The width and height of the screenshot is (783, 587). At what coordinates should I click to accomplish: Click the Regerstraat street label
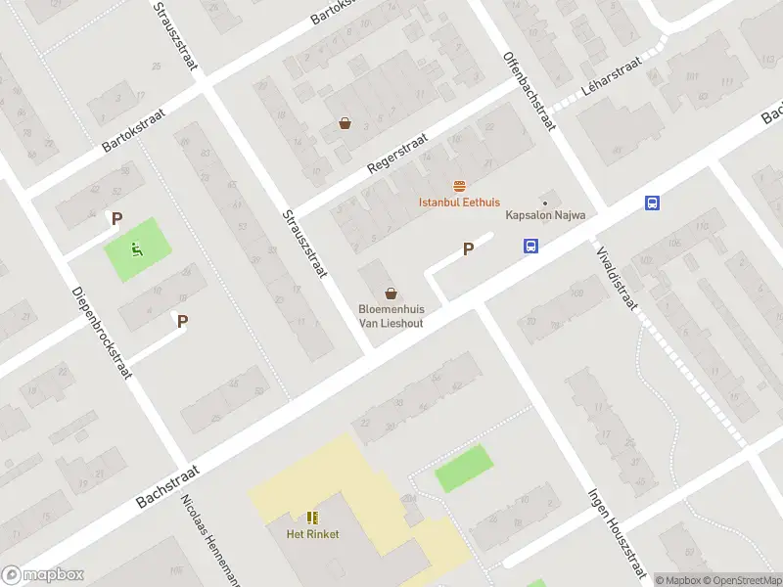pos(397,155)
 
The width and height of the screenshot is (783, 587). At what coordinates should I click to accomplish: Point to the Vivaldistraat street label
pos(616,277)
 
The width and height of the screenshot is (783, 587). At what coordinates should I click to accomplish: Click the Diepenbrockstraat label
pos(103,334)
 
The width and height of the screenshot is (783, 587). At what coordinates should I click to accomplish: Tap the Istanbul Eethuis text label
pos(459,203)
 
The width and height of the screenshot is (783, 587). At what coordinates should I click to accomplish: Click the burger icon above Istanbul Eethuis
pos(459,186)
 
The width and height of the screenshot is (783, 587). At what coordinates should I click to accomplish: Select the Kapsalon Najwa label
pos(544,215)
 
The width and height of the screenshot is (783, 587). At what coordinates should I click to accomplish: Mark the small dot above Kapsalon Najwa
pos(545,203)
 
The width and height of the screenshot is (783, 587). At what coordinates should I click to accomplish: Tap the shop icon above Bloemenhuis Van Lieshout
pos(391,293)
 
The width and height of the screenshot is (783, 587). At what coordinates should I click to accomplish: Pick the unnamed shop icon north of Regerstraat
pos(345,123)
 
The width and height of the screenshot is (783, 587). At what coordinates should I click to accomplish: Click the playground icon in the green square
pos(136,249)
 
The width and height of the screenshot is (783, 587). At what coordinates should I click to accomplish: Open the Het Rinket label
pos(312,534)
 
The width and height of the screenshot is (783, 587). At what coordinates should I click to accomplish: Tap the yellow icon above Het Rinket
pos(312,518)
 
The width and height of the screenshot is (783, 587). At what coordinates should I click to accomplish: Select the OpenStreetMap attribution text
pos(741,580)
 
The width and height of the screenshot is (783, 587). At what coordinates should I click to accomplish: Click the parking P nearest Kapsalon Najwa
pos(468,248)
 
